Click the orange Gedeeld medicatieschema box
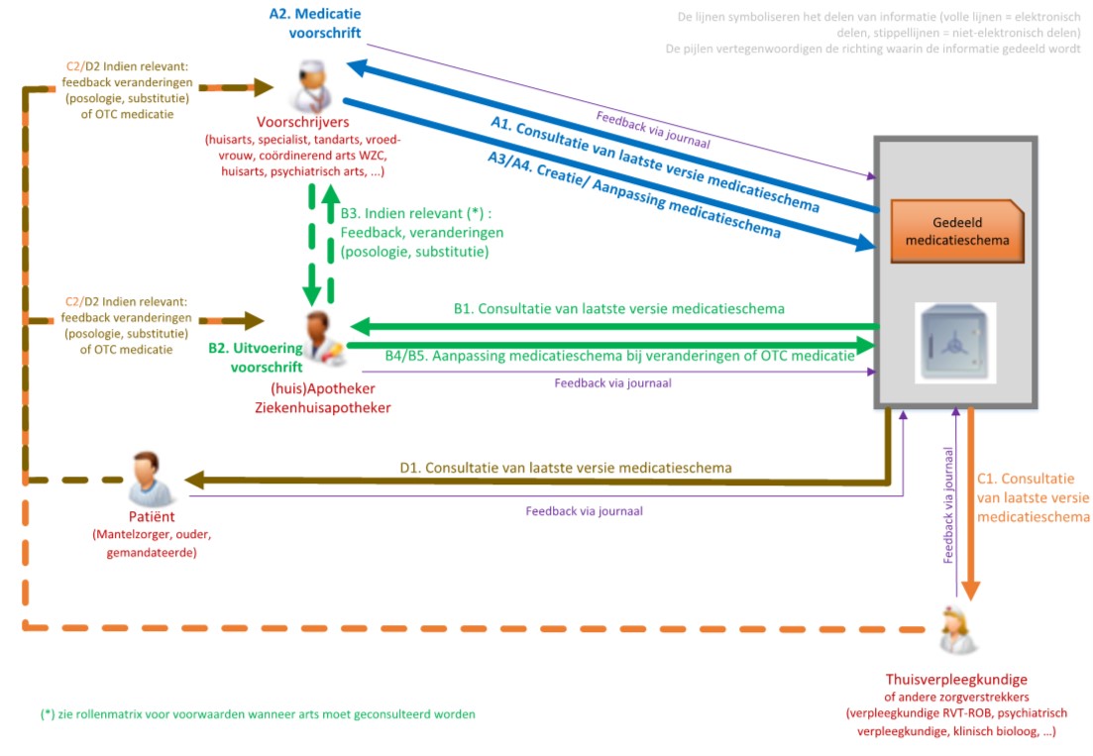pos(957,231)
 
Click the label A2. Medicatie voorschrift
pos(314,24)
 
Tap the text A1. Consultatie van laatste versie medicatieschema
pos(655,164)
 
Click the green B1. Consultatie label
pos(618,308)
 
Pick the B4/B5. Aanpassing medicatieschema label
pos(619,356)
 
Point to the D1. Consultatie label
pos(566,467)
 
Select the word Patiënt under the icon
pos(152,516)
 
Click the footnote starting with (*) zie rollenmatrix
pos(258,713)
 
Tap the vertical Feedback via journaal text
pos(948,504)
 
